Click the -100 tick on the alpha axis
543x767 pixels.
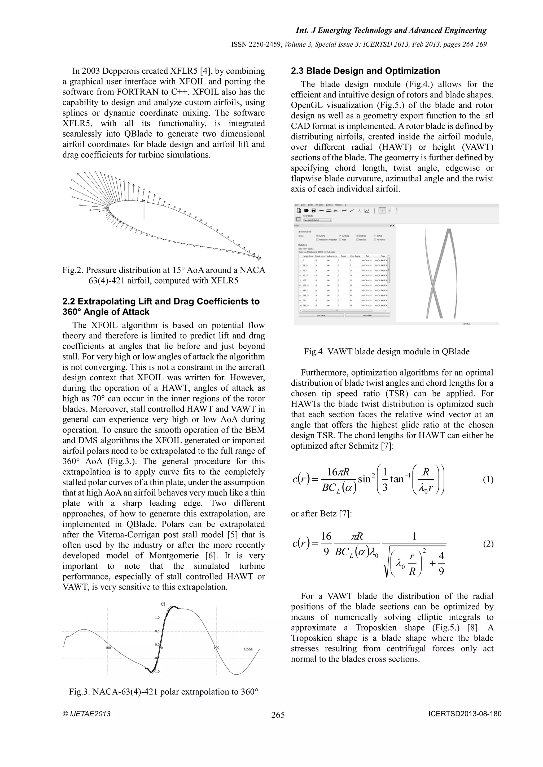(x=107, y=648)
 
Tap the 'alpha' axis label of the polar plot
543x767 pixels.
(x=248, y=649)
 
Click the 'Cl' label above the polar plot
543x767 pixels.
(x=163, y=604)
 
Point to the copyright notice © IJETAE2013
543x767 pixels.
(x=86, y=714)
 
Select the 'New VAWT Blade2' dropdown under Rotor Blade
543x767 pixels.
(x=317, y=220)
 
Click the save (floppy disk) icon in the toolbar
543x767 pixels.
(x=313, y=211)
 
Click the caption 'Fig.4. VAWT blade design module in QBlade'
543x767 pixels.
(x=387, y=351)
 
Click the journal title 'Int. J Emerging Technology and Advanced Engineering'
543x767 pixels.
(x=391, y=30)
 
